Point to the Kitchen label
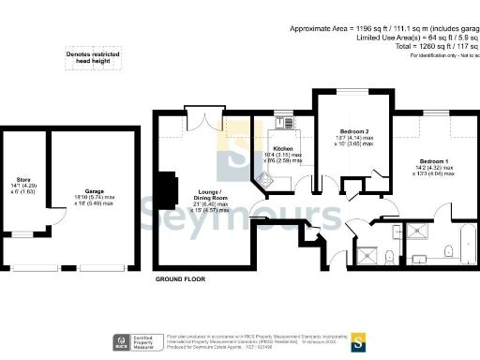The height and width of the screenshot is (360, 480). (283, 150)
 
